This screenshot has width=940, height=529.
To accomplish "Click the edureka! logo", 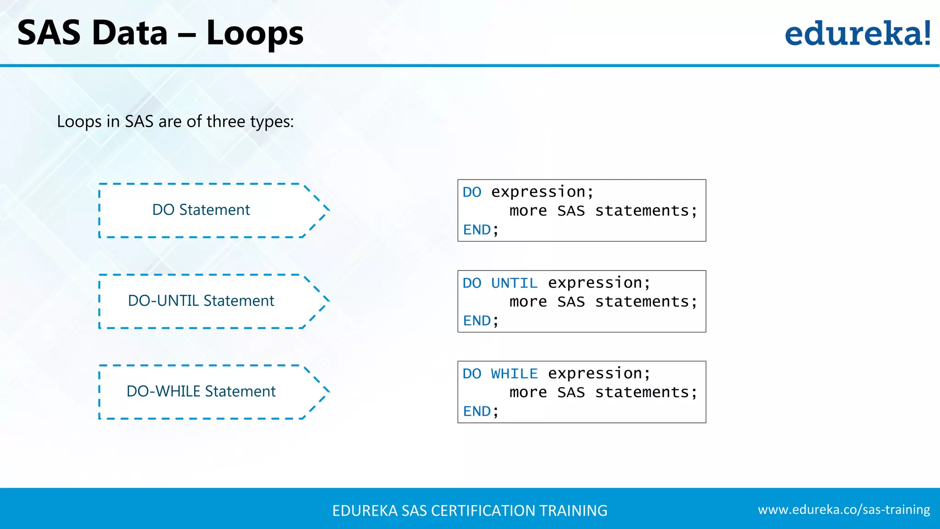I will tap(857, 34).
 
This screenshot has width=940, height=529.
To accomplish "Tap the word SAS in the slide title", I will tap(49, 33).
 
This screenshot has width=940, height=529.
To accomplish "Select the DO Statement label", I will tap(201, 210).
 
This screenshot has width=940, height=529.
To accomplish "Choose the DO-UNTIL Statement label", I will tap(201, 301).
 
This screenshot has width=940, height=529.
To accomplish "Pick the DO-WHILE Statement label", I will tap(201, 391).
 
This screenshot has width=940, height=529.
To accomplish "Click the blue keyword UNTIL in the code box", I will tap(514, 283).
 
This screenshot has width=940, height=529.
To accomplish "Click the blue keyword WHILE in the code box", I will tap(514, 373).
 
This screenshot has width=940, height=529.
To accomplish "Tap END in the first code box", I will tap(477, 230).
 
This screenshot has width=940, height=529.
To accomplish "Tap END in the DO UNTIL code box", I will tap(477, 321).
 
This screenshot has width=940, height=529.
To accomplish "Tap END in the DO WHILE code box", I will tap(477, 411).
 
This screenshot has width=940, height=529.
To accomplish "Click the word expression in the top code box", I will tap(538, 192).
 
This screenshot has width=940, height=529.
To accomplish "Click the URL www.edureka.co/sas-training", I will tap(844, 510).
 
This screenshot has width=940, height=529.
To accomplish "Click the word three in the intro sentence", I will tap(226, 122).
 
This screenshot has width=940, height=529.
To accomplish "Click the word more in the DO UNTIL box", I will tap(528, 302).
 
